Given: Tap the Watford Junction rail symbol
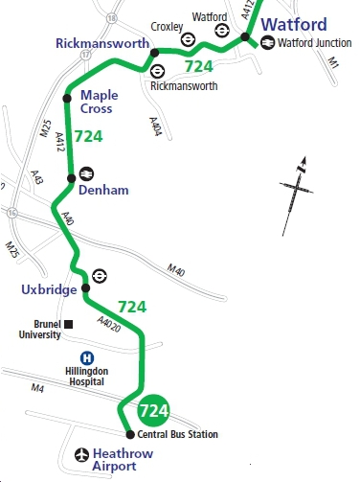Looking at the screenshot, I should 267,41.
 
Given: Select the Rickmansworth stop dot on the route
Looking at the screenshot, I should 153,52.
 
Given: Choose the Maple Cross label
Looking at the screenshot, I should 100,103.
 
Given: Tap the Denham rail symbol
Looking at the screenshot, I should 87,173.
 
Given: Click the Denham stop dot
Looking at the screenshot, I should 71,178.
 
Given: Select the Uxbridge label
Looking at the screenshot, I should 47,289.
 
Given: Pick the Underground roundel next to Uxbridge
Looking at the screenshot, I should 100,276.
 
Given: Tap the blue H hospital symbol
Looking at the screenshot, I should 87,356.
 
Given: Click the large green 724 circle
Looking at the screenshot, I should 154,411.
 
